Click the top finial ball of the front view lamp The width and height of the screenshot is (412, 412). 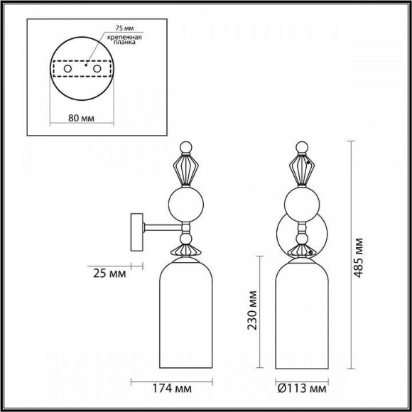click(303, 149)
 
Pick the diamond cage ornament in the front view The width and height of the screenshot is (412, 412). click(303, 173)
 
